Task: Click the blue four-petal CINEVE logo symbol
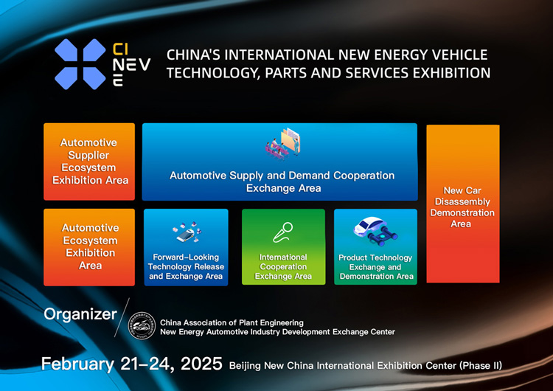click(80, 64)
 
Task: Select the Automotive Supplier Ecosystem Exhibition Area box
click(89, 162)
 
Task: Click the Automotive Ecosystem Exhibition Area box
click(89, 246)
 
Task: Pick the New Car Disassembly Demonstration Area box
click(462, 204)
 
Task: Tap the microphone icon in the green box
click(283, 232)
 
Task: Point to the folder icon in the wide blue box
click(282, 144)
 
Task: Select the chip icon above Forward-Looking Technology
click(185, 232)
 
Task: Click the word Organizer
click(80, 314)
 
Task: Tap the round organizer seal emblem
click(142, 326)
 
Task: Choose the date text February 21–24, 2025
click(131, 364)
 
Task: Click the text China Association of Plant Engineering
click(232, 322)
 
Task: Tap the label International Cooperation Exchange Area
click(283, 267)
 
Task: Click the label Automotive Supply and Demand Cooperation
click(282, 176)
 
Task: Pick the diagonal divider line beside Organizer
click(123, 318)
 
